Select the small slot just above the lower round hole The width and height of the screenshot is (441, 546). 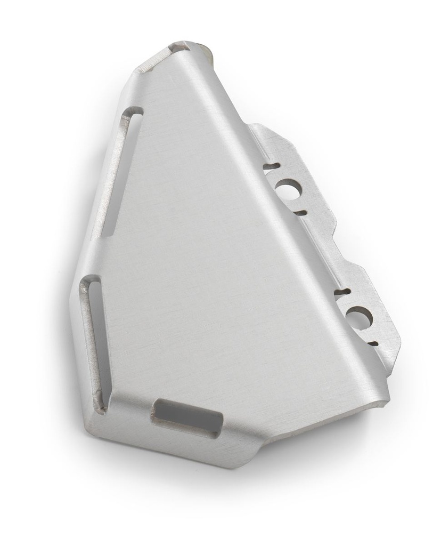tap(340, 293)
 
